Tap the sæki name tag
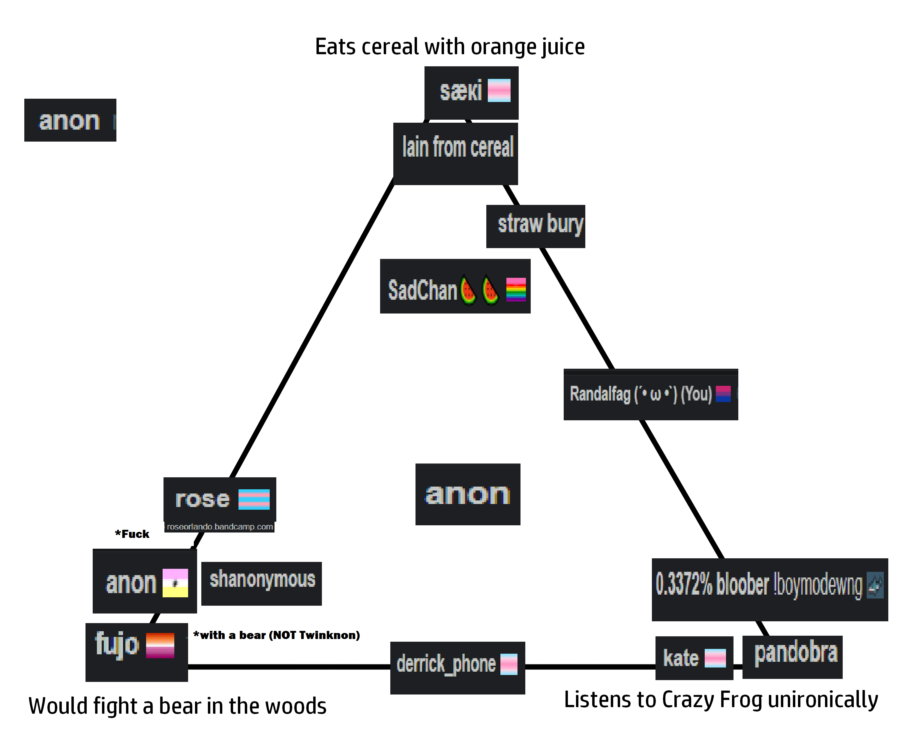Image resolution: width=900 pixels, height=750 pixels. [471, 93]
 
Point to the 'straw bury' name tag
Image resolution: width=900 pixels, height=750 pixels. [536, 226]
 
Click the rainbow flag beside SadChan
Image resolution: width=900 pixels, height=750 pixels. [516, 290]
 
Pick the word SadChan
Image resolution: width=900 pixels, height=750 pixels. [423, 290]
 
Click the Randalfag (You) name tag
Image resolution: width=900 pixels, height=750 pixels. [651, 394]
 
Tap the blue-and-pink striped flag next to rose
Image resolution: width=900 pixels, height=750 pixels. [254, 499]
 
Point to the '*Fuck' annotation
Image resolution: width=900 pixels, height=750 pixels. [132, 534]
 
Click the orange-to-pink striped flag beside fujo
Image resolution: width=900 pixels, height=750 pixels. [160, 645]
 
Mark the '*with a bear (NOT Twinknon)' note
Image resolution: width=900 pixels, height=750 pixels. [276, 635]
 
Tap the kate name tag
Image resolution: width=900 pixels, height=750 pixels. [694, 658]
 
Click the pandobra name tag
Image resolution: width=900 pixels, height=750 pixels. [792, 657]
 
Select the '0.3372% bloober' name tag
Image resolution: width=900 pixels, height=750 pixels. [770, 590]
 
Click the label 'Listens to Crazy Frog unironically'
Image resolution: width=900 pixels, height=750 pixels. [721, 700]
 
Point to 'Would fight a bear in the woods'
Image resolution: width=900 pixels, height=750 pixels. [177, 706]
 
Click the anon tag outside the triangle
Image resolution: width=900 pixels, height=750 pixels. [70, 120]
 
